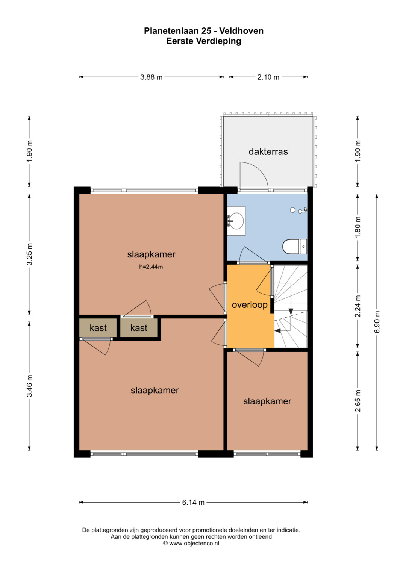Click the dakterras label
point(268,152)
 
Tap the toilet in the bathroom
point(294,247)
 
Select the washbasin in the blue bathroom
point(236,221)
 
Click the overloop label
point(249,305)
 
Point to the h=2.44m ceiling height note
point(151,267)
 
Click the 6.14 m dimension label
point(193,503)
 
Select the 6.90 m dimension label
point(377,322)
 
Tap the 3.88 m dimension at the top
point(151,77)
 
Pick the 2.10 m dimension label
point(268,77)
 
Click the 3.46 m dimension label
point(30,386)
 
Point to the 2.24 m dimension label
point(358,306)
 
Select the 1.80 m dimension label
point(358,227)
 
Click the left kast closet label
point(98,328)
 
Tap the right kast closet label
point(139,328)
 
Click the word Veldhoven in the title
point(241,31)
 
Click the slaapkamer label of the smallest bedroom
point(267,401)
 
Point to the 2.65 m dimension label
point(358,401)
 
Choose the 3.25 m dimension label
point(30,254)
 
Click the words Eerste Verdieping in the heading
point(204,41)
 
